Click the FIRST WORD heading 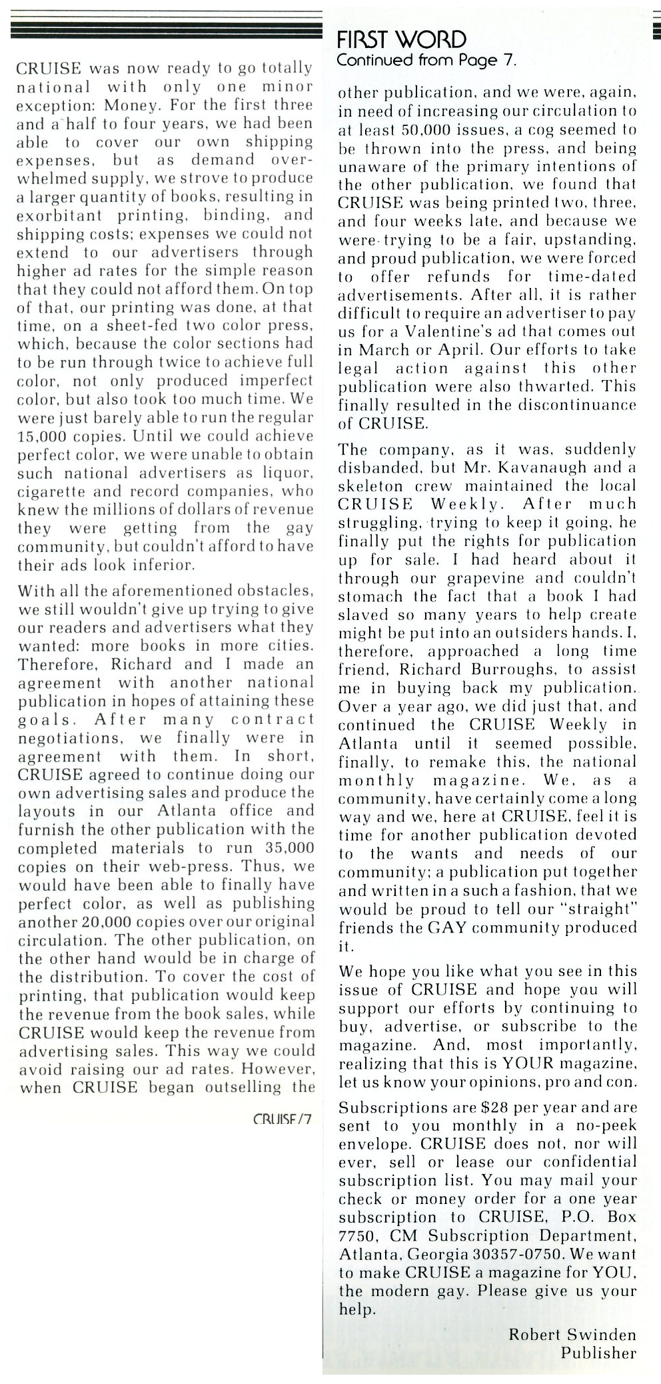(402, 39)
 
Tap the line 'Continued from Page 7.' (426, 61)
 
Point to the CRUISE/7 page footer (283, 1119)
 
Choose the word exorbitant (59, 215)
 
